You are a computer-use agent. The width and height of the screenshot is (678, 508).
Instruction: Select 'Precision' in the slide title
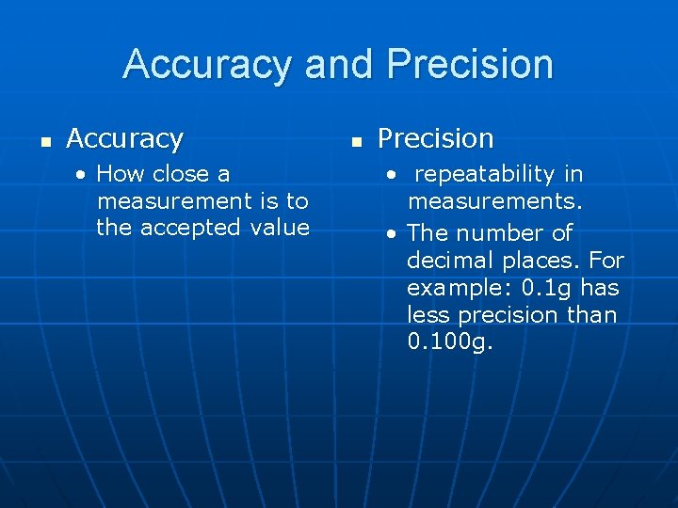coord(470,65)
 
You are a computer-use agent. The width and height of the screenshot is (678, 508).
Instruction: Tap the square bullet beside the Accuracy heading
coord(43,142)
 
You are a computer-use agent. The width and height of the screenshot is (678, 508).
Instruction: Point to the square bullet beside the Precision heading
coord(355,142)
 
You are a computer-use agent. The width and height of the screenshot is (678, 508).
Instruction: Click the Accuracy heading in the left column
coord(124,139)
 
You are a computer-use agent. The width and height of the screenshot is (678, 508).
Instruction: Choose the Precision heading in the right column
coord(435,139)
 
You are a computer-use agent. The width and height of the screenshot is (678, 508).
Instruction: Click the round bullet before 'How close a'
coord(83,175)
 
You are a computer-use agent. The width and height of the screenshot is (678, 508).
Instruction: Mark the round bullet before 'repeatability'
coord(393,175)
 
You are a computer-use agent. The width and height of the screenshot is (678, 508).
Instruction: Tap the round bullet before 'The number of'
coord(393,234)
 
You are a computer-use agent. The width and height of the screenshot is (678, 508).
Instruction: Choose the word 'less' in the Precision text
coord(426,315)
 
